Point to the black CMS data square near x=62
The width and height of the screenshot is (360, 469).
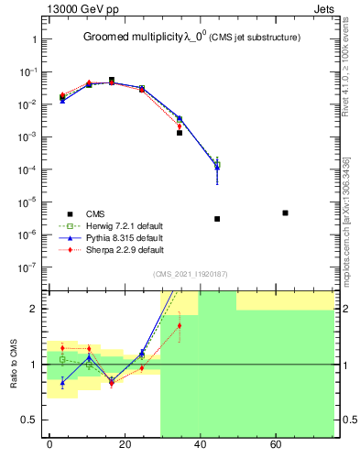click(x=286, y=213)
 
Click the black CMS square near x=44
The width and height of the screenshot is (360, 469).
click(x=217, y=219)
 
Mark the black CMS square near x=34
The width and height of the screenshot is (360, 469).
click(x=180, y=133)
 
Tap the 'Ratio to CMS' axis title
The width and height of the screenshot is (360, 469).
click(x=15, y=364)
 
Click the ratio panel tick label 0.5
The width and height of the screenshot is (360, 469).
click(x=27, y=420)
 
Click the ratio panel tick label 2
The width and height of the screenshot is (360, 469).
click(x=31, y=309)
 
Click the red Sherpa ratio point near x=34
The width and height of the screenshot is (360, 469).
click(x=180, y=325)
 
